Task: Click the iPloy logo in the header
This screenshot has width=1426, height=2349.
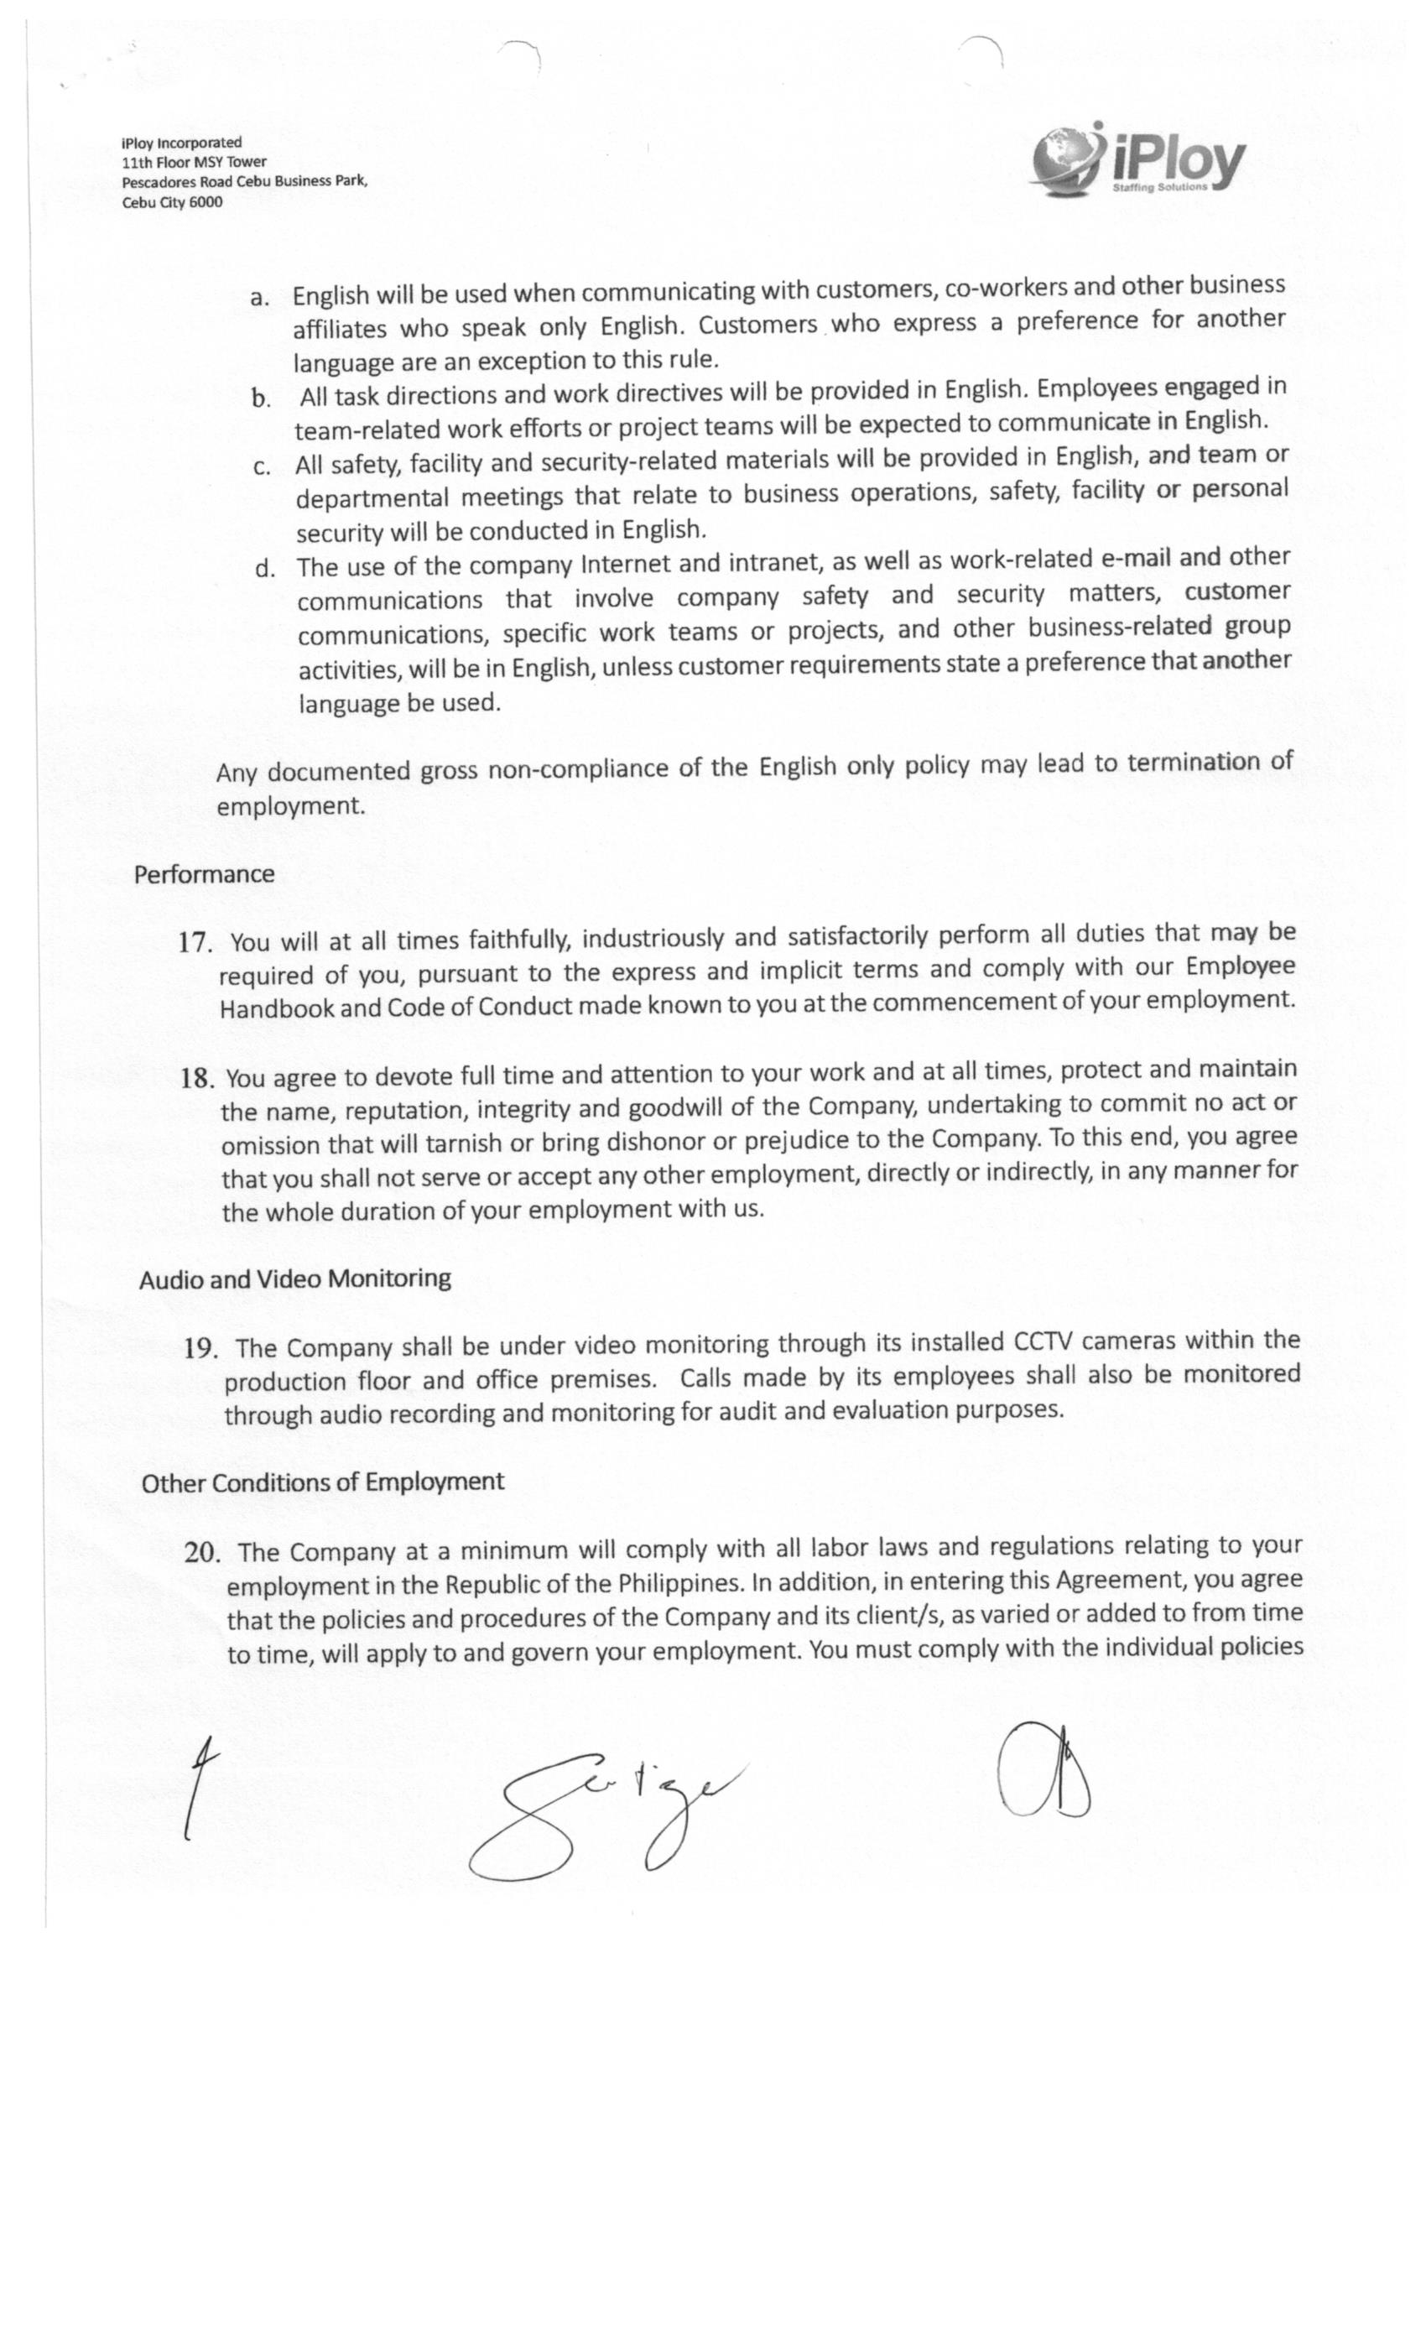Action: click(x=1138, y=161)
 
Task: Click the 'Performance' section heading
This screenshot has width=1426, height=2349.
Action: click(x=204, y=874)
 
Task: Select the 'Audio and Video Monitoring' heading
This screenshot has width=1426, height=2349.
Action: click(x=294, y=1279)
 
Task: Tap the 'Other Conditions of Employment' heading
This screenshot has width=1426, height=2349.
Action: click(x=322, y=1482)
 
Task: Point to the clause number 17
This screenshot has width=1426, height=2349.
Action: click(x=195, y=943)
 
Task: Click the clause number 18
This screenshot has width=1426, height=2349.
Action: click(x=196, y=1078)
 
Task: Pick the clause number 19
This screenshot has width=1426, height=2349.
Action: click(x=201, y=1348)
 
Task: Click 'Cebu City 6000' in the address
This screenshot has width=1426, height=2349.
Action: click(x=172, y=202)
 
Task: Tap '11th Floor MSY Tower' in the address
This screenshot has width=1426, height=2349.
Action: click(x=194, y=162)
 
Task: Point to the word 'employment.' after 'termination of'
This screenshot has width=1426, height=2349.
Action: click(x=291, y=806)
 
